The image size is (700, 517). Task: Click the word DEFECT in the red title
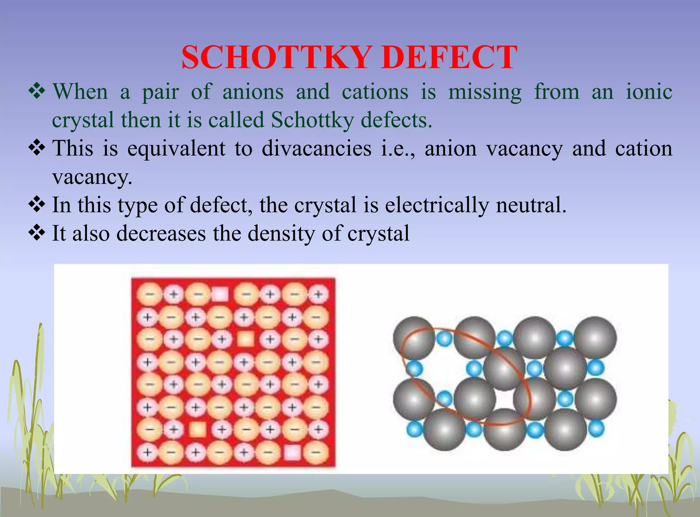(x=449, y=57)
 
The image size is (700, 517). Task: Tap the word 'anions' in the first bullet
(x=253, y=92)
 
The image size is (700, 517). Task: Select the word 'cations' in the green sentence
(x=375, y=92)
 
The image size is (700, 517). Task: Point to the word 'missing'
(x=485, y=93)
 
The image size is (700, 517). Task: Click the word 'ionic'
(x=649, y=92)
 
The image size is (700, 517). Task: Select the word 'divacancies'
(x=317, y=149)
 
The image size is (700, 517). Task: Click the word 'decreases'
(x=161, y=233)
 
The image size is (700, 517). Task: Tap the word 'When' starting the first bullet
(x=80, y=92)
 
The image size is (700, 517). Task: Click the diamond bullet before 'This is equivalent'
(x=37, y=148)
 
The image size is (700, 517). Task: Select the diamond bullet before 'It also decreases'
(x=37, y=233)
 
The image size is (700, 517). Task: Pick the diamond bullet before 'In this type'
(x=37, y=205)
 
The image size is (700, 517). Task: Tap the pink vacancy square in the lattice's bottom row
(x=292, y=453)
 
